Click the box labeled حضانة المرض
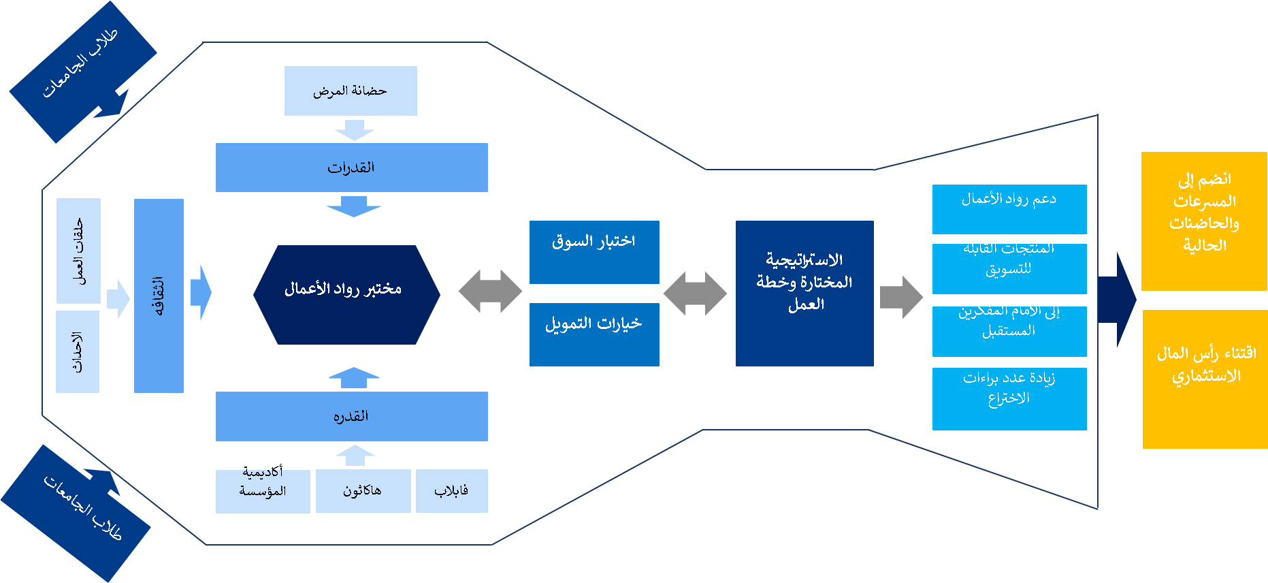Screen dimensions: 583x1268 (x=351, y=91)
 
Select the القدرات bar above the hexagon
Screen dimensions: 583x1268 (x=351, y=168)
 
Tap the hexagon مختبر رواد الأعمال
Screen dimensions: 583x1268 (x=346, y=294)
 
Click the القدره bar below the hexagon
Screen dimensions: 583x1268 (x=351, y=416)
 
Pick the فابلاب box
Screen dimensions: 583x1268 (x=451, y=490)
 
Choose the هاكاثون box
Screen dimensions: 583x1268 (x=363, y=490)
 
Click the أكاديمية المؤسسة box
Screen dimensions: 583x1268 (x=263, y=491)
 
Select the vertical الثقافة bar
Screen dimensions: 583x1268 (x=159, y=296)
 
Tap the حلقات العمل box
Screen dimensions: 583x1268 (x=78, y=251)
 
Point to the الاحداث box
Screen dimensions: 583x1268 (x=78, y=351)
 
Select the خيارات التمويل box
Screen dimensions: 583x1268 (x=594, y=334)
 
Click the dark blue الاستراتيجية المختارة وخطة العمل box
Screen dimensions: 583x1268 (x=804, y=293)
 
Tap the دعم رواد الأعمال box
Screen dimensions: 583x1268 (x=1009, y=209)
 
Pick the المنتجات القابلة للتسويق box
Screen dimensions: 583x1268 (x=1009, y=268)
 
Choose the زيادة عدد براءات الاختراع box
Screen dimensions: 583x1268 (x=1009, y=398)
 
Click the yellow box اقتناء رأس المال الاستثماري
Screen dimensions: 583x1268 (x=1205, y=379)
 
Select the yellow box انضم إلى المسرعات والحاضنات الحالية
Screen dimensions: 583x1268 (x=1203, y=221)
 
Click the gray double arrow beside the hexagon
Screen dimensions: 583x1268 (x=490, y=291)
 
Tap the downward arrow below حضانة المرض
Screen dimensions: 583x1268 (x=355, y=129)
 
